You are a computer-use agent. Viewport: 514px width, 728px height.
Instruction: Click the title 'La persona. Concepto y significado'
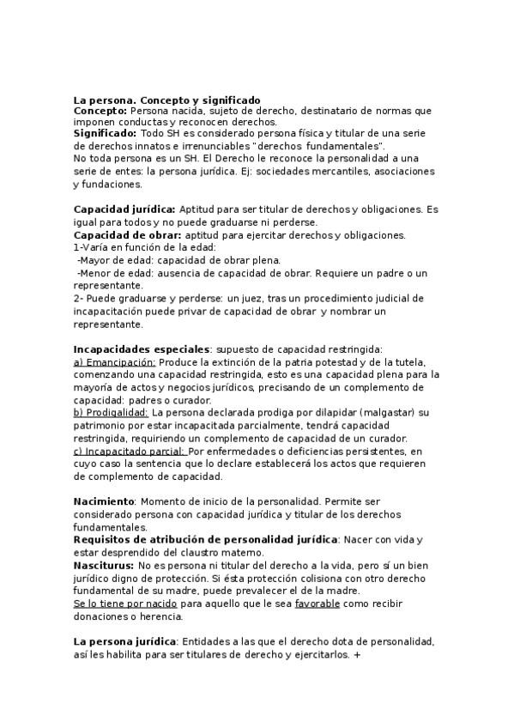tap(166, 100)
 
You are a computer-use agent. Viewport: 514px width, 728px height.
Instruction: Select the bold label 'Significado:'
tap(105, 134)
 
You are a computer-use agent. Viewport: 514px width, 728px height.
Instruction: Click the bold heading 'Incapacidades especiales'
tap(142, 349)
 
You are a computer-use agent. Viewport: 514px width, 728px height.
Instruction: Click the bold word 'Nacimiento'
tap(104, 500)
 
